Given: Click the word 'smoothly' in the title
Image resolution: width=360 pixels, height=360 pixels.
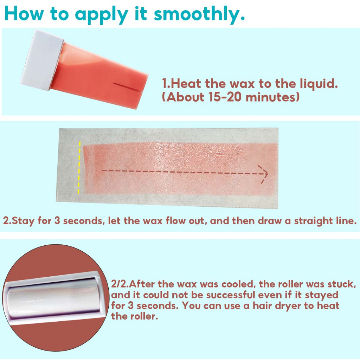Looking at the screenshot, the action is point(197,14).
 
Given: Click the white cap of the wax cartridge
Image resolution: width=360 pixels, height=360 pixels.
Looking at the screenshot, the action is point(42,60).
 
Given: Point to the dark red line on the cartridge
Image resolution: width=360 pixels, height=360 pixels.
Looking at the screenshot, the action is point(127,87).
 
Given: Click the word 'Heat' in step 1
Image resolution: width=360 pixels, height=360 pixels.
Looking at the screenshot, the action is point(186,83).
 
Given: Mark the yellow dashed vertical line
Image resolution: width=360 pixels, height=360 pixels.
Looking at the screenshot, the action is point(79,168).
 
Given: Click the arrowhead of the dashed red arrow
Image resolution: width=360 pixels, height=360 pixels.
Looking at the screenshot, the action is point(263,174).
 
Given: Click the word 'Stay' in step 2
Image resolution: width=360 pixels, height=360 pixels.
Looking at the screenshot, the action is point(23,221).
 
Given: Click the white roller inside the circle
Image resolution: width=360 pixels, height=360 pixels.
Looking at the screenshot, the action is point(53,298).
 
